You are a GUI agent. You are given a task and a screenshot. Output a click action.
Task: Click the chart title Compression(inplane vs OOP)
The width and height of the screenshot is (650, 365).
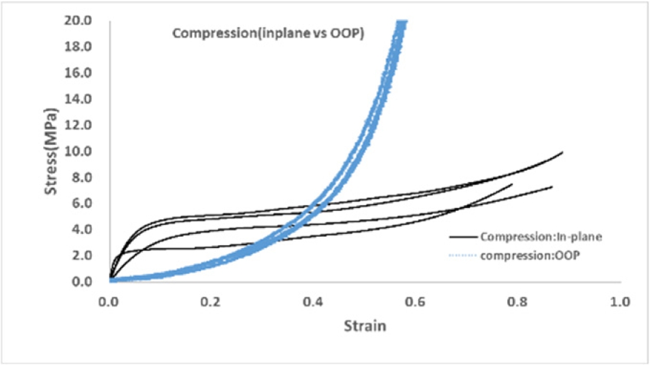tap(267, 33)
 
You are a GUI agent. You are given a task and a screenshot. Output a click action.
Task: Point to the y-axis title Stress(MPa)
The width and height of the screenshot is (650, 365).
tap(54, 151)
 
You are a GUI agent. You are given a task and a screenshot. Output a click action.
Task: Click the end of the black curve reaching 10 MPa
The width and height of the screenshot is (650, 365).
tap(562, 152)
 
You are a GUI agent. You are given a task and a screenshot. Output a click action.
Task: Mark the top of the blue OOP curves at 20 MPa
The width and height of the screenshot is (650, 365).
tap(401, 22)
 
